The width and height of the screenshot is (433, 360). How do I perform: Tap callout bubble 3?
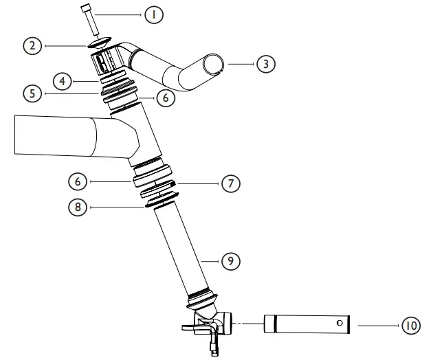pos(265,64)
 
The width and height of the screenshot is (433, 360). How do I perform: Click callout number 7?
pos(231,184)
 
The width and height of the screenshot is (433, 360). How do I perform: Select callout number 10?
pos(411,325)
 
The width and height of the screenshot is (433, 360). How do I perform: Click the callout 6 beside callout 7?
pos(78,181)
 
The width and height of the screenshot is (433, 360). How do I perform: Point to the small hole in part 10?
pos(339,322)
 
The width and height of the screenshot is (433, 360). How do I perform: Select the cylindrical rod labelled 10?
pos(305,323)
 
